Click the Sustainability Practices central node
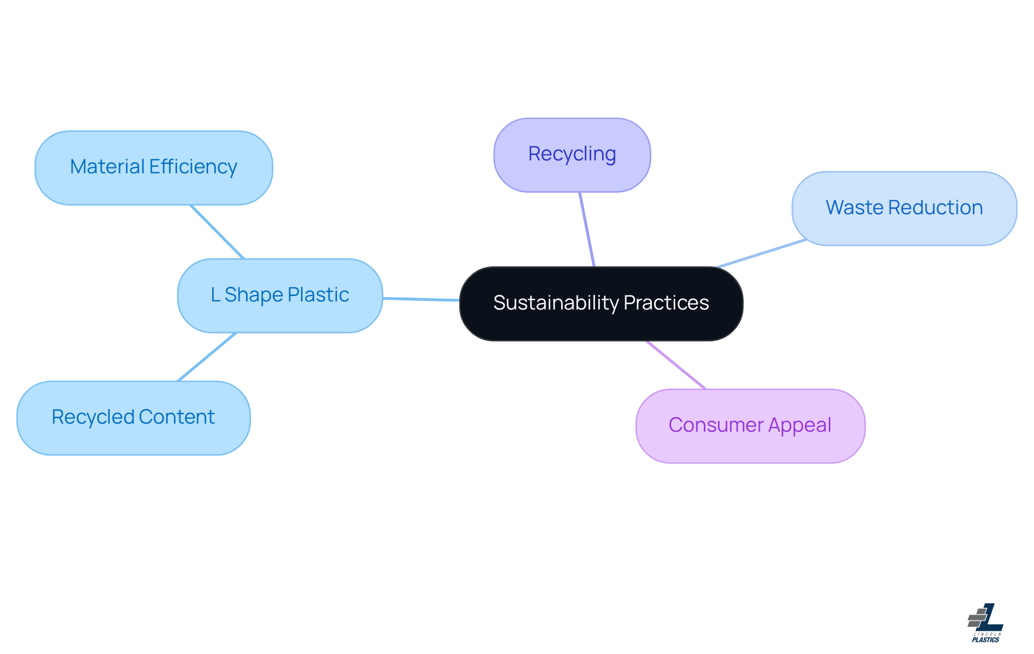click(601, 304)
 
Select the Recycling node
click(572, 155)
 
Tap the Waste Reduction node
click(904, 208)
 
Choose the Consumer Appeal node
click(750, 426)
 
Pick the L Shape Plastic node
click(280, 296)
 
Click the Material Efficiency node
click(153, 167)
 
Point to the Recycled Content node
click(134, 418)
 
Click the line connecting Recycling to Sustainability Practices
click(587, 229)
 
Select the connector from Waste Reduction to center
click(761, 253)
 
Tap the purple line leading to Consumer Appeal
click(676, 364)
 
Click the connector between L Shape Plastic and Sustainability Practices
click(421, 299)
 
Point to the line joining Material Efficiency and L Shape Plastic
click(217, 231)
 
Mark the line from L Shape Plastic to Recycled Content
click(207, 357)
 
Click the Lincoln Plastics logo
click(986, 623)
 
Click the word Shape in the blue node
click(253, 295)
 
